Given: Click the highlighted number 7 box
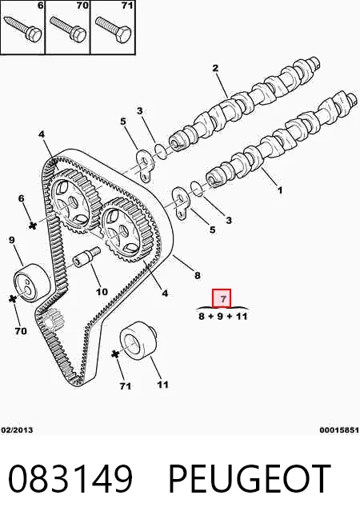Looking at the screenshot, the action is point(222,298).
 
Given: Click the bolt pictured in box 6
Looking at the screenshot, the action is point(22,28).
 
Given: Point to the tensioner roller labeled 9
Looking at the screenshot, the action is point(32,282).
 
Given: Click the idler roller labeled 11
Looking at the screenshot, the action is point(138,341).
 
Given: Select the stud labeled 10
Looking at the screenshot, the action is point(86,256).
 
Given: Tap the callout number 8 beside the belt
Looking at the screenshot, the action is point(197,275).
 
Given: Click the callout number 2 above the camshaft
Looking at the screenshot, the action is point(215,68).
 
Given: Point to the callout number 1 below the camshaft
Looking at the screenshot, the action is point(280,190).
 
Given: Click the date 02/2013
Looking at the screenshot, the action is point(18,429).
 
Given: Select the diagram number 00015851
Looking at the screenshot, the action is point(339,429).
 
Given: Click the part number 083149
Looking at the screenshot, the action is point(70,479).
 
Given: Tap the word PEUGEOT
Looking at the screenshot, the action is point(250,479).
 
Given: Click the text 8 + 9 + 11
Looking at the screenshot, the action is point(223,316).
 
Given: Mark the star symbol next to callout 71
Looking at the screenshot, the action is point(115,354).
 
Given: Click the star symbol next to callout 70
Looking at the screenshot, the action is point(13,298).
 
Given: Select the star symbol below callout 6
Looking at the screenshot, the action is point(32,226).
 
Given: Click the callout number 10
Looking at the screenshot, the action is point(102,291).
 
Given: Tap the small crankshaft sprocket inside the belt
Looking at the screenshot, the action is point(52,320).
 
